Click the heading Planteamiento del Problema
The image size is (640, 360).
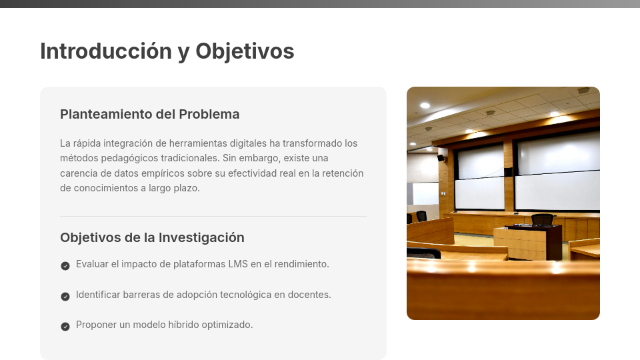[149, 114]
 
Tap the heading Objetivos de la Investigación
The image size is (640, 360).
[152, 237]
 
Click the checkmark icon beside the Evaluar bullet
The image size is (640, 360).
[65, 265]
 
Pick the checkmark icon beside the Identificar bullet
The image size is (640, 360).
[65, 296]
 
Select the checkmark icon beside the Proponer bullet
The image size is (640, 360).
[65, 326]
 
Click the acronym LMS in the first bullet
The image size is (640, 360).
[238, 264]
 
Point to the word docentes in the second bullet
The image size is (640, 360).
[309, 294]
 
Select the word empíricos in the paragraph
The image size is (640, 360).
[161, 173]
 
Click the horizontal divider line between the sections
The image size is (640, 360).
[213, 216]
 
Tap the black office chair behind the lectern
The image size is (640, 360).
[542, 219]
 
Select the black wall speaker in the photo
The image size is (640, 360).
[440, 158]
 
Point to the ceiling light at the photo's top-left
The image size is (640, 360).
[425, 105]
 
